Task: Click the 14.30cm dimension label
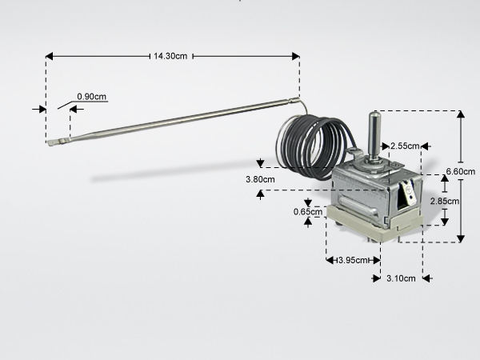(170, 56)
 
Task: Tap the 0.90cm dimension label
(91, 97)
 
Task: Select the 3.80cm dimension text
(260, 179)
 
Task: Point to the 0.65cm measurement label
(308, 212)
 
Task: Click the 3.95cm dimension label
(353, 261)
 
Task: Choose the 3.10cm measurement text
(401, 278)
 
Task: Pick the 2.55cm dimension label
(405, 146)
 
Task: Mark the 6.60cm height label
(461, 171)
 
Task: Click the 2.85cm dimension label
(445, 201)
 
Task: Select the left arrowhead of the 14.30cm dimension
(49, 56)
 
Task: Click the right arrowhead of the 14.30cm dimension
(296, 56)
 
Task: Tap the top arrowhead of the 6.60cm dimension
(461, 114)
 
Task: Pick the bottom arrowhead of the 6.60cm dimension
(461, 238)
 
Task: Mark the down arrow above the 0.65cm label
(308, 202)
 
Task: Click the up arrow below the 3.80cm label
(260, 194)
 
